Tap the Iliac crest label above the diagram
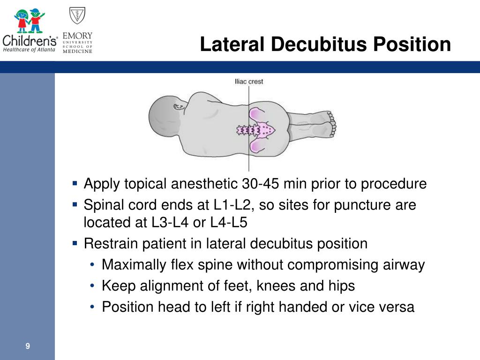pyautogui.click(x=248, y=82)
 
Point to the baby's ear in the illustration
pyautogui.click(x=179, y=107)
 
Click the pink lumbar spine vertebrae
pyautogui.click(x=248, y=130)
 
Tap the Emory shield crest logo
pyautogui.click(x=77, y=15)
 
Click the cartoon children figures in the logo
pyautogui.click(x=30, y=21)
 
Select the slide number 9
pyautogui.click(x=28, y=346)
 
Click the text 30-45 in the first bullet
pyautogui.click(x=260, y=184)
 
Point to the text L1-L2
pyautogui.click(x=232, y=205)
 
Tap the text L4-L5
pyautogui.click(x=229, y=222)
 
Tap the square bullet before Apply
pyautogui.click(x=75, y=183)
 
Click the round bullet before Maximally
pyautogui.click(x=92, y=265)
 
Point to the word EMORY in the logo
pyautogui.click(x=77, y=36)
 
